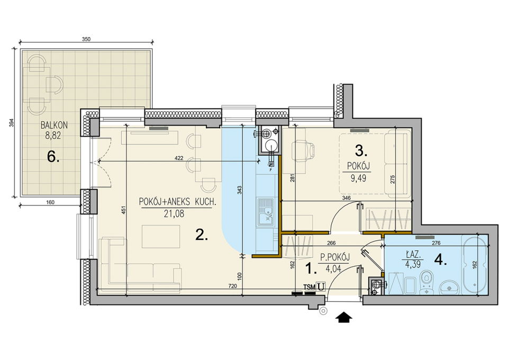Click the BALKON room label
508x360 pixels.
click(54, 125)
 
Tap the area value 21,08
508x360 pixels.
click(174, 213)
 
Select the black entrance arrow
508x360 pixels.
click(344, 318)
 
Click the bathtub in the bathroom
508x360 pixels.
click(475, 265)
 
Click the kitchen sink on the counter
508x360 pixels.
click(266, 213)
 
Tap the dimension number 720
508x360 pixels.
click(233, 286)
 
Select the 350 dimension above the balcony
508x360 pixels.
click(86, 39)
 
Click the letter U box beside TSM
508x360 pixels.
click(321, 286)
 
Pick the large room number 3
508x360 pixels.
click(360, 150)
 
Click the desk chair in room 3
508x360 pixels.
click(303, 151)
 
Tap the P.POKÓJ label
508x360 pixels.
click(334, 258)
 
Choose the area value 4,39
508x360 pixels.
click(413, 264)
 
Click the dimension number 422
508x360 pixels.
click(179, 158)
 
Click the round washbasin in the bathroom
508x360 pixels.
click(449, 287)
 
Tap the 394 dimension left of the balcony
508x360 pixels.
click(12, 123)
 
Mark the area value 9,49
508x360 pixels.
click(358, 178)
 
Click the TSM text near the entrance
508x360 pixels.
click(310, 287)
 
